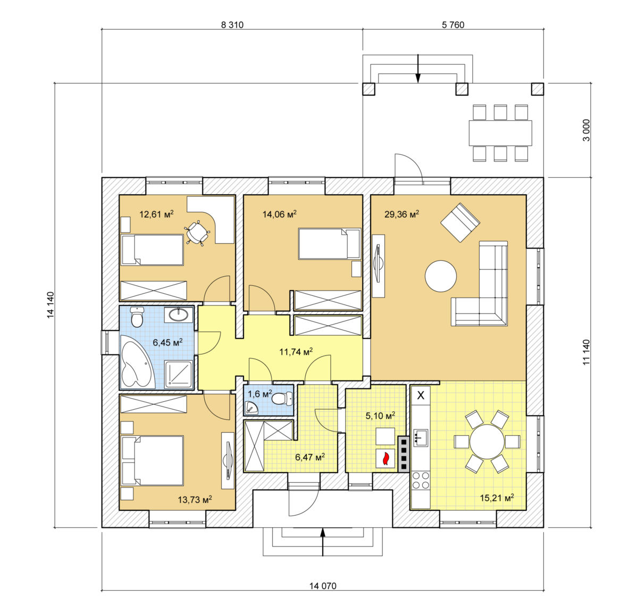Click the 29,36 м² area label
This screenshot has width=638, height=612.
(x=401, y=214)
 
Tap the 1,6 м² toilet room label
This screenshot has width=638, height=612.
(x=259, y=393)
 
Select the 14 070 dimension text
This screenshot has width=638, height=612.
(x=323, y=586)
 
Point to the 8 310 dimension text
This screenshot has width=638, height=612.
(x=232, y=25)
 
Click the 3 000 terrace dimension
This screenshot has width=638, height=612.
(x=586, y=130)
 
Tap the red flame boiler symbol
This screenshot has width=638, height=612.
(x=385, y=458)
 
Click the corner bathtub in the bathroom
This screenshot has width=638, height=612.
(x=137, y=362)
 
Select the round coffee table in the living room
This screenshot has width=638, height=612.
(x=441, y=276)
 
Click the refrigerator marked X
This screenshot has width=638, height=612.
(x=421, y=395)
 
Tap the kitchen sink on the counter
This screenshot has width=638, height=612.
(x=421, y=438)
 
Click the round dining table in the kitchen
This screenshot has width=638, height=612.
(x=487, y=442)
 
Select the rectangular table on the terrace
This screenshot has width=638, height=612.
(x=500, y=133)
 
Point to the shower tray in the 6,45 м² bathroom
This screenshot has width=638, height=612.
(x=178, y=375)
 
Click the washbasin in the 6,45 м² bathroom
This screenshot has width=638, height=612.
(x=179, y=315)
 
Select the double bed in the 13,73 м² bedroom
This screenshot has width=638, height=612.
(x=152, y=460)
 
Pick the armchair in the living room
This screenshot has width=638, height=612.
(x=460, y=222)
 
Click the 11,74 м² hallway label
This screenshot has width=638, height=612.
(x=296, y=352)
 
